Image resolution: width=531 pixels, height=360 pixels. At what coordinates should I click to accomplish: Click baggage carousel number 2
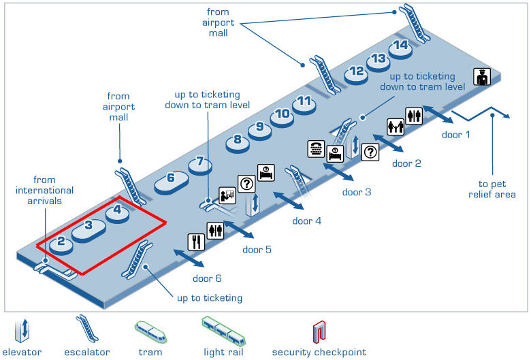point(61,241)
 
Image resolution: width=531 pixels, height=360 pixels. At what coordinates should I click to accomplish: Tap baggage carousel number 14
point(401,46)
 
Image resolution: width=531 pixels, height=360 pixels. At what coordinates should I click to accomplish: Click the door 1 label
point(455,135)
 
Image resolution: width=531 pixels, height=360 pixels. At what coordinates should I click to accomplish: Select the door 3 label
point(356,192)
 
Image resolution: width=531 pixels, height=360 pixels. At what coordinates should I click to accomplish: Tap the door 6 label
point(207,278)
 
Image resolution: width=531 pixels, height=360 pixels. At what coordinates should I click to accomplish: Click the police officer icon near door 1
point(482,77)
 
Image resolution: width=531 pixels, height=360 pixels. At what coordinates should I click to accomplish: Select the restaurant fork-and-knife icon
point(196,241)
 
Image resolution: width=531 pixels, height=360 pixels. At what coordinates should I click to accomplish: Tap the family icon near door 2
point(396,127)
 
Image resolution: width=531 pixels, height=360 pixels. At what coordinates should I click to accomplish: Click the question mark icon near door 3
point(370,152)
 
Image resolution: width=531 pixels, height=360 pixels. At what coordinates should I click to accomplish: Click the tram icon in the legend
point(150,331)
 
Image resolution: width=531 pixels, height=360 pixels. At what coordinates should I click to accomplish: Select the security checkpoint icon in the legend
point(318,331)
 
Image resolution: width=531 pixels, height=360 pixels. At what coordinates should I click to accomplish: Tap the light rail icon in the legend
point(223,330)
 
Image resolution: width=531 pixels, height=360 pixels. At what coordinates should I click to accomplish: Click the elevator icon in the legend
point(22,331)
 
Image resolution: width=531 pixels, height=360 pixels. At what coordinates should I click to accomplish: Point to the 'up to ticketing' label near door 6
point(209,298)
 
